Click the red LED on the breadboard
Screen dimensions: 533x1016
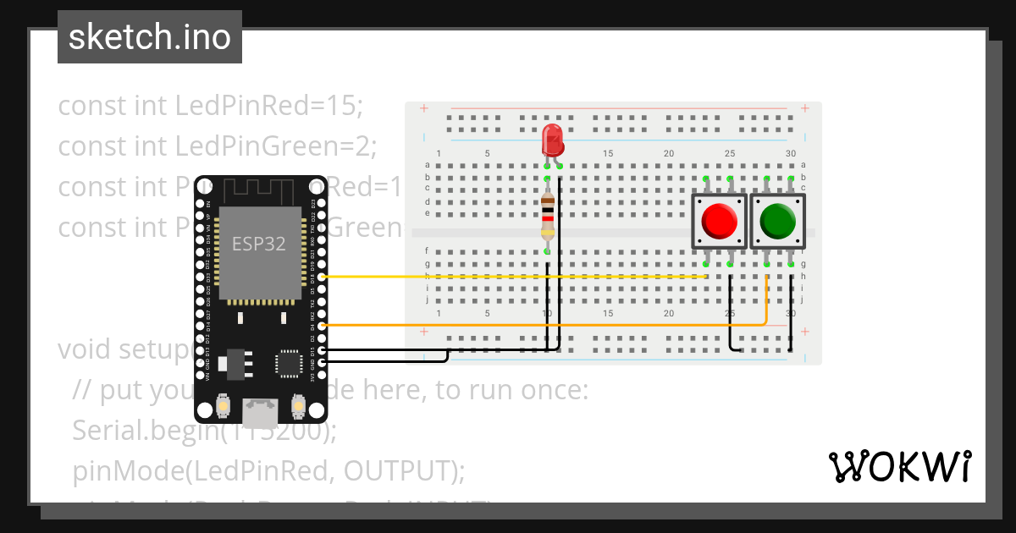[x=553, y=140]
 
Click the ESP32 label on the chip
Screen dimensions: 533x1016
[x=259, y=244]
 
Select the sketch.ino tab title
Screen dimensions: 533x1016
[x=150, y=37]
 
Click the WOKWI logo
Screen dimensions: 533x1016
[x=898, y=466]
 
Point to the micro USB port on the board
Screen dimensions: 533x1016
[x=260, y=412]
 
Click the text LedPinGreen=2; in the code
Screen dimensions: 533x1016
[x=275, y=146]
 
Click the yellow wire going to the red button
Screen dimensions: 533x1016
[x=508, y=276]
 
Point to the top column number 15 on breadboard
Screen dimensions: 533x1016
[x=608, y=153]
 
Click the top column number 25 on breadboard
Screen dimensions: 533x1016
[x=730, y=153]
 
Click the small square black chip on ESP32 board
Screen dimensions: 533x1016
[x=288, y=363]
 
